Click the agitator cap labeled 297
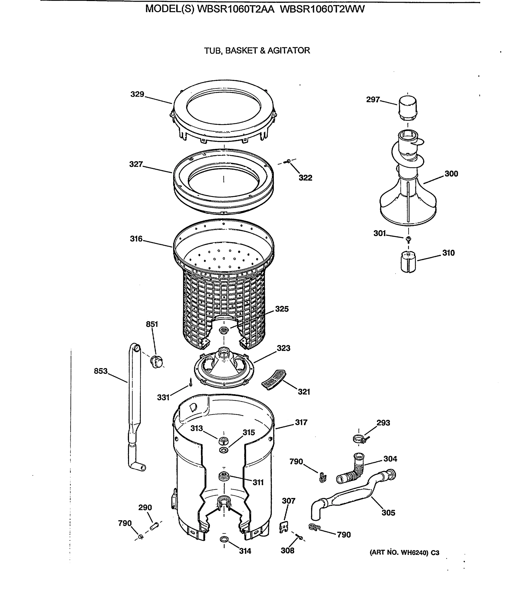point(407,108)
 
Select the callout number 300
point(451,174)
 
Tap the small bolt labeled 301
point(409,239)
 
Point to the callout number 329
point(137,94)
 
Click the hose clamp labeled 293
point(359,439)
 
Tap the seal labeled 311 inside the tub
point(224,476)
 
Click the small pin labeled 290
point(154,526)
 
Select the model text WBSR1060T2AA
point(236,9)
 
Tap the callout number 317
point(301,422)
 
